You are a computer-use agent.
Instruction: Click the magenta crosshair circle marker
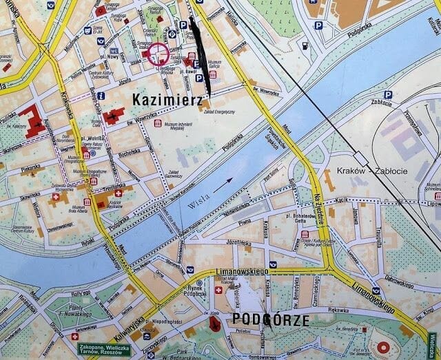tap(158, 54)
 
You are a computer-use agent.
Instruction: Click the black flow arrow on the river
tap(223, 184)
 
